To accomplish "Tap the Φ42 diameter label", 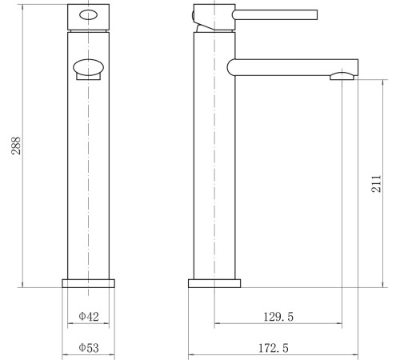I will [89, 317].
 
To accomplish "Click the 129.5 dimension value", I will [278, 317].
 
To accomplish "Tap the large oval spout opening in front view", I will [89, 68].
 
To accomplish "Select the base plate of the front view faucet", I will [89, 282].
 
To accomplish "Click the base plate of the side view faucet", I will [214, 282].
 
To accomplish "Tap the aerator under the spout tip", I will [341, 76].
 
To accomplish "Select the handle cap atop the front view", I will [89, 16].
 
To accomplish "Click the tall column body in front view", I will [89, 176].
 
